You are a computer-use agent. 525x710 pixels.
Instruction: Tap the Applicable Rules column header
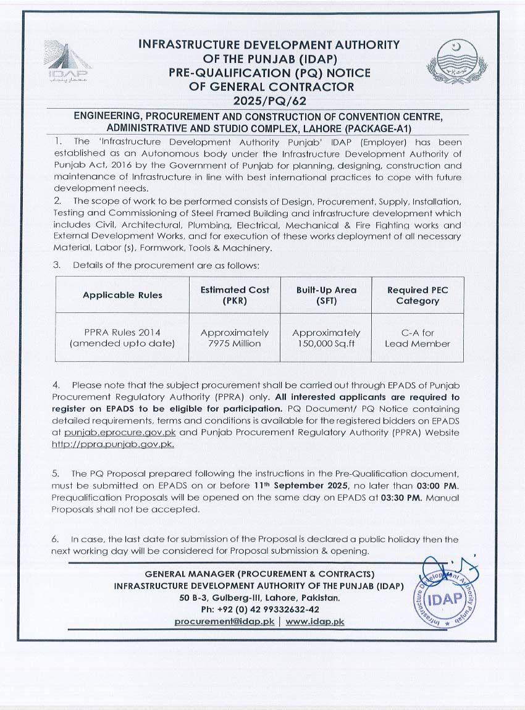[x=122, y=295]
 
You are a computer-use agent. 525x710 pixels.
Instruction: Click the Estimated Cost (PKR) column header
[x=235, y=295]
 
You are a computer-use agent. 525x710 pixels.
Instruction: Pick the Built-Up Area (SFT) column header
[x=326, y=295]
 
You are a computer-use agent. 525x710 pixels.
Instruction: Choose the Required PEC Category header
[x=418, y=295]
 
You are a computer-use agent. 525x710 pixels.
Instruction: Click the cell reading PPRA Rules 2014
[x=122, y=338]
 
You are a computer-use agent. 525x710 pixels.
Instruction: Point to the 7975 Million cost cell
[x=235, y=338]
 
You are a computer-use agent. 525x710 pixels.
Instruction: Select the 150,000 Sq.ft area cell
[x=326, y=338]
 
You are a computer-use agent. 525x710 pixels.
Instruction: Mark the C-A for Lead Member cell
[x=418, y=338]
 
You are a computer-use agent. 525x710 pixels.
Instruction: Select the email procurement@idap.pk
[x=224, y=622]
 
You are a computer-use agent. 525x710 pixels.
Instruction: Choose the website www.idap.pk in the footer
[x=314, y=622]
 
